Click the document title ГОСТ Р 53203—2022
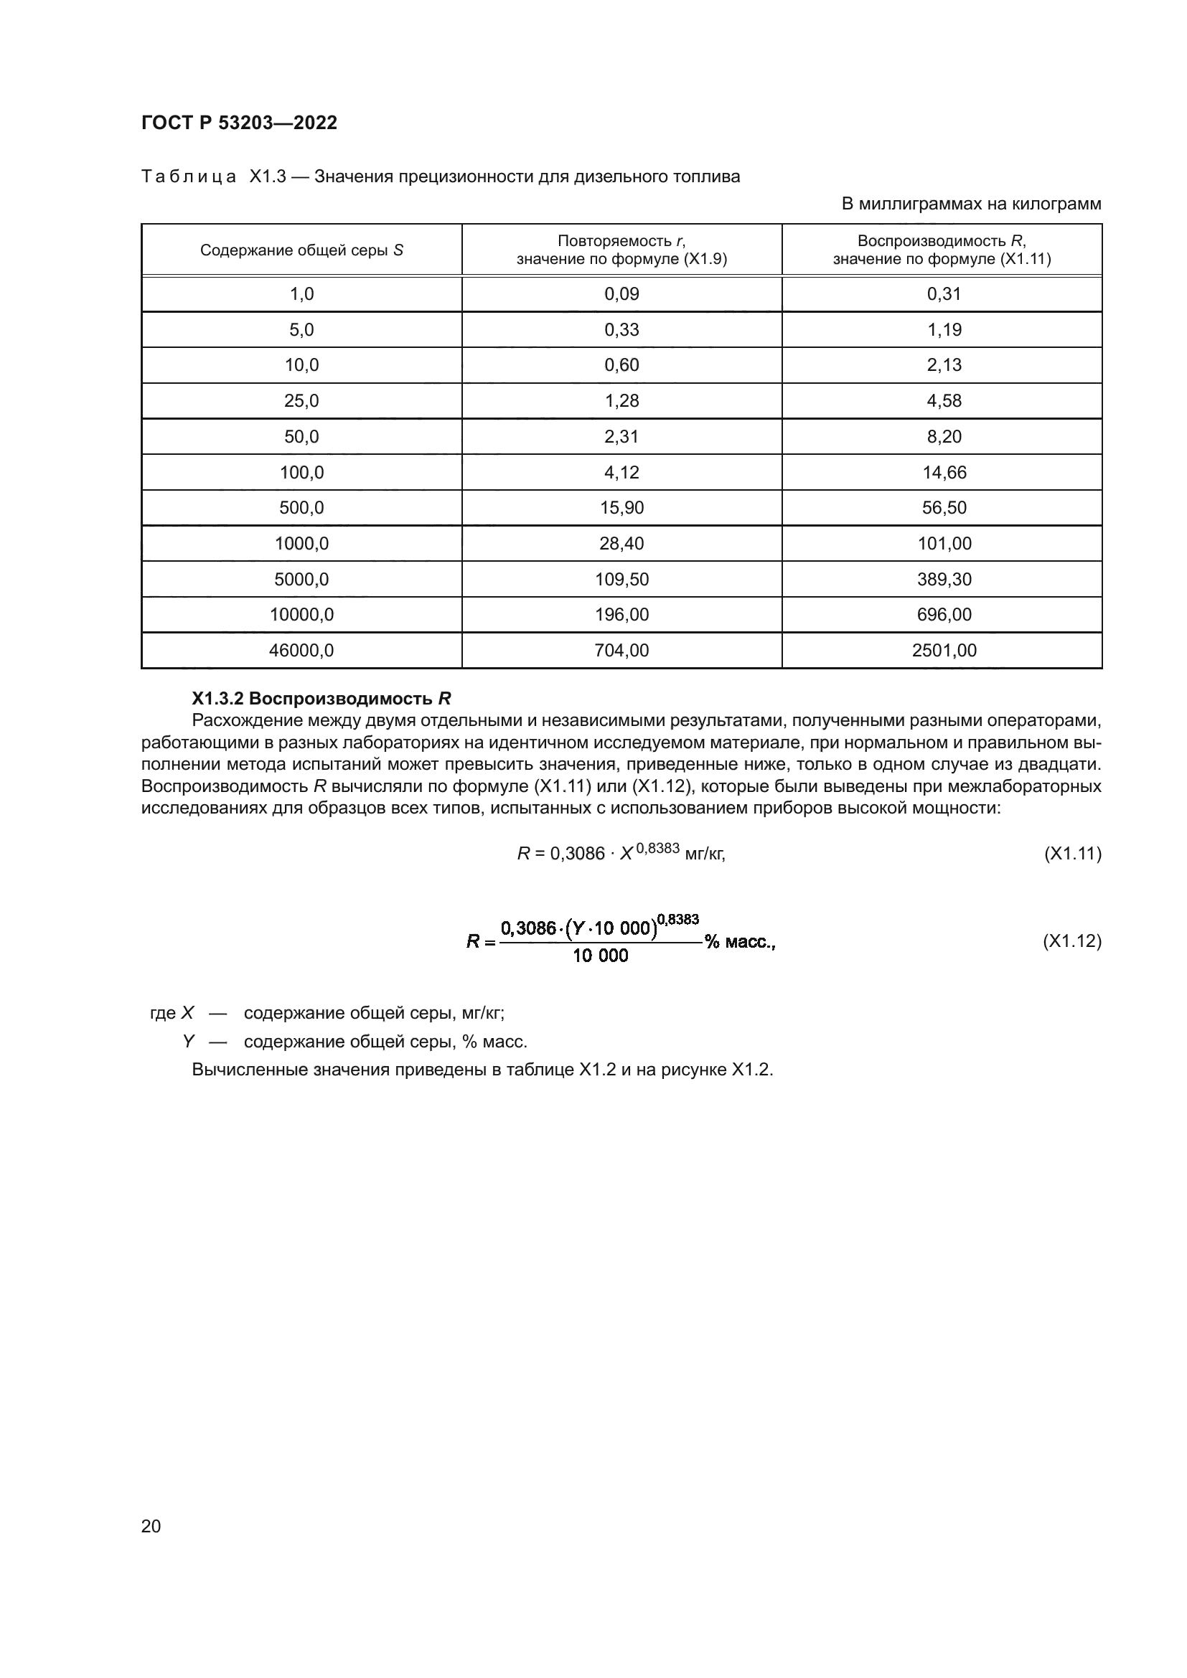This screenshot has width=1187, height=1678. pos(239,123)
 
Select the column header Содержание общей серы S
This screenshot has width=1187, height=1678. pos(301,250)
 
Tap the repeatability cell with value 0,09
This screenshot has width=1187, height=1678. pos(621,294)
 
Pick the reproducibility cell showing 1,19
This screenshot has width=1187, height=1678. pos(944,329)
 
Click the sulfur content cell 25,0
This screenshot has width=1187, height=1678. pos(301,400)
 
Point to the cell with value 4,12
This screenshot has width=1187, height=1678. pos(621,472)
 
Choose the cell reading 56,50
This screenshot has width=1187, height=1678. pos(944,507)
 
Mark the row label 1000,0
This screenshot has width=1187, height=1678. pos(301,543)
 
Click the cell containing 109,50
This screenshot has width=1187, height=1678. pos(621,579)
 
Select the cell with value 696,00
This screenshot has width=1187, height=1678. pos(944,615)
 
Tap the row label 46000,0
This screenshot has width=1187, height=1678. pos(301,650)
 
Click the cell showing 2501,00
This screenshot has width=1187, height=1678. pos(944,650)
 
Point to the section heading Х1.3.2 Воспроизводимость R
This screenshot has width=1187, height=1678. pos(321,698)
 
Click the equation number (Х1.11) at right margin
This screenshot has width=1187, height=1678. pos(1072,853)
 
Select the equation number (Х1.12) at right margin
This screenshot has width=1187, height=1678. pos(1072,941)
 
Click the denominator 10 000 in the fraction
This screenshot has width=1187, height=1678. pos(600,956)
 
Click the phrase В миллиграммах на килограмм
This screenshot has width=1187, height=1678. pos(971,204)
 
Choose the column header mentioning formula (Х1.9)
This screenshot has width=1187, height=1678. pos(621,250)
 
